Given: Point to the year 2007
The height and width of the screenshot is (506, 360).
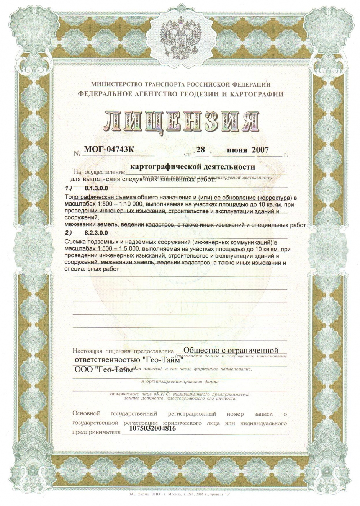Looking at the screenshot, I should coord(260,150).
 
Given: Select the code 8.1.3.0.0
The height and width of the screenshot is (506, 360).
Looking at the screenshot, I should coord(96,189).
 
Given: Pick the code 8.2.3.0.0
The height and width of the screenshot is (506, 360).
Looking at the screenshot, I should coord(96,233).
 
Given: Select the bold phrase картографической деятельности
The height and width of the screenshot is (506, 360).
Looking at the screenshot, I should coord(193,167).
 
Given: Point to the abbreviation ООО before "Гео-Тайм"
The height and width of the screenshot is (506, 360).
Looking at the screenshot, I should coord(82,370).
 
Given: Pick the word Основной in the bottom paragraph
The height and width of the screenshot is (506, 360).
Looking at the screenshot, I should coord(86,414).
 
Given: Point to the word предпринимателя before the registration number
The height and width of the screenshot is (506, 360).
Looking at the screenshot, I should coord(96,432).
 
